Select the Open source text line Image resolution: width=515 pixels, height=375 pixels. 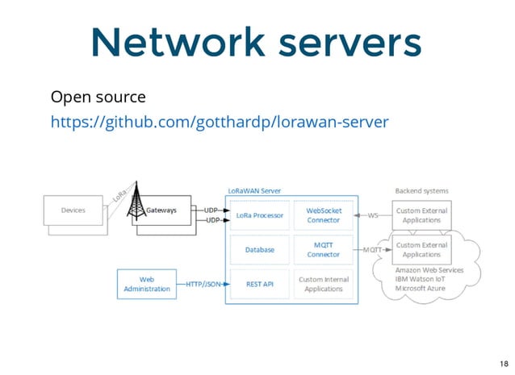(98, 98)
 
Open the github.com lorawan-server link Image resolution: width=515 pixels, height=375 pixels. (220, 122)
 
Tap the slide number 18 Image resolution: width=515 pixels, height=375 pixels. (503, 363)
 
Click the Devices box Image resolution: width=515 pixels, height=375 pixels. (73, 210)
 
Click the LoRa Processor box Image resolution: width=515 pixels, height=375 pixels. (259, 215)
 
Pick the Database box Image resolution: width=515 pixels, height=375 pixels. (259, 250)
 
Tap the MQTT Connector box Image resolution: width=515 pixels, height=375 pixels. (323, 249)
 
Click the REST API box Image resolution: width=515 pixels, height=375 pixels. (259, 284)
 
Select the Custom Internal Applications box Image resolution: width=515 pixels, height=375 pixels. (323, 284)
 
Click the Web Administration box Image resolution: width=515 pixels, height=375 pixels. (147, 284)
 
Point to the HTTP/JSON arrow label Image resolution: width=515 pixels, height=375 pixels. (205, 284)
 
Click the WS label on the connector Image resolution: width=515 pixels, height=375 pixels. (373, 215)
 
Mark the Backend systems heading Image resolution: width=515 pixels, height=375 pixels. (421, 190)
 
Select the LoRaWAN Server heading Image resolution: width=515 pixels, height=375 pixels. (254, 190)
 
